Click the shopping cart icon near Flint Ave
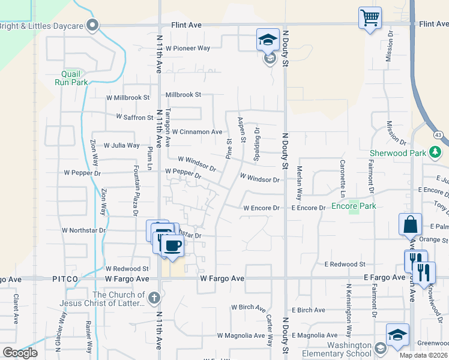coord(370,17)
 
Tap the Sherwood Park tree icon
coord(436,153)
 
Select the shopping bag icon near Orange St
coord(410,224)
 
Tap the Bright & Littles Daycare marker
coord(92,25)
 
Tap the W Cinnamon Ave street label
coord(197,131)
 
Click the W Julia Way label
coord(122,145)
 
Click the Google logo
coord(20,353)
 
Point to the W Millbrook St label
coord(128,97)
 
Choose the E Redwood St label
coord(345,264)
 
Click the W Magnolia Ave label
coord(241,335)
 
